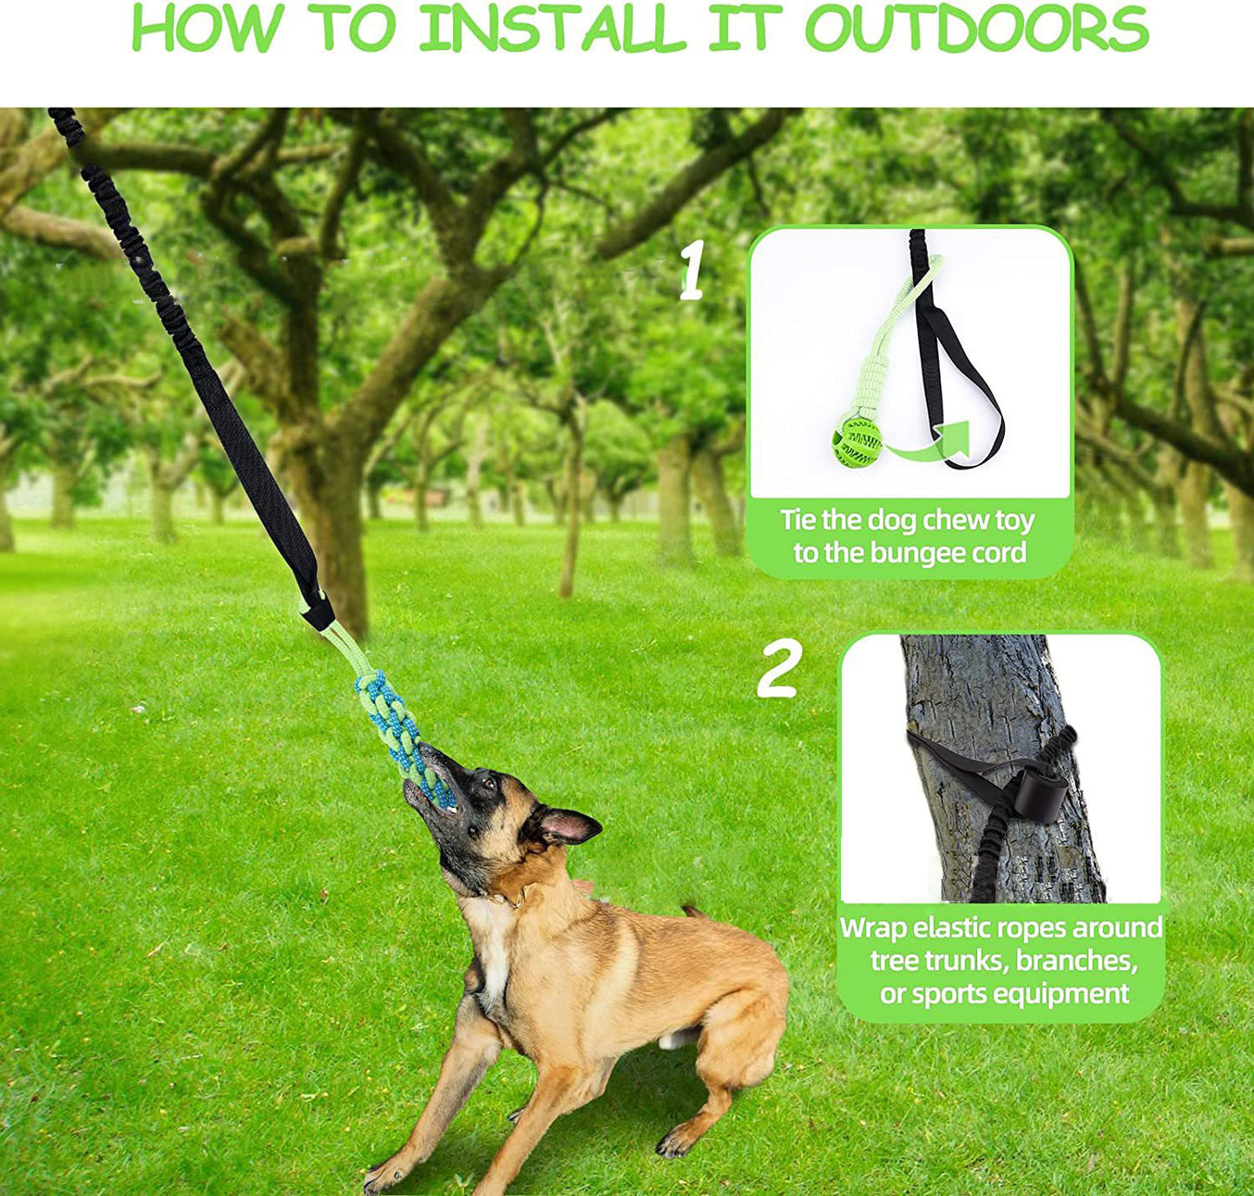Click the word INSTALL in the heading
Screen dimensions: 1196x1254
point(553,29)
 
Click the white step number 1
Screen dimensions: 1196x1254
point(692,271)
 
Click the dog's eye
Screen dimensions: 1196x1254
point(488,785)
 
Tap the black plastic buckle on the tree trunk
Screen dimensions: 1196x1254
point(1039,793)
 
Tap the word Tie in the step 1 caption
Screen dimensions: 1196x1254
point(798,520)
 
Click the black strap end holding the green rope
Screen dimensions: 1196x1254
point(317,610)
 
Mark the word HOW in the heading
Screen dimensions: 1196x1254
point(207,29)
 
